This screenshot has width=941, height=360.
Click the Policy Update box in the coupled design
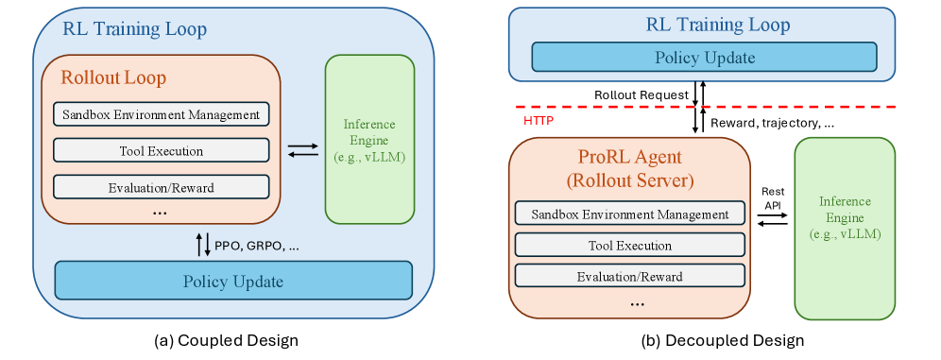coord(233,281)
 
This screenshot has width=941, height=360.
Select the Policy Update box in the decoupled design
coord(705,58)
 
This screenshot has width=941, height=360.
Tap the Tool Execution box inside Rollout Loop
coord(162,150)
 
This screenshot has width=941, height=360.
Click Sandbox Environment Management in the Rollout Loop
coord(162,114)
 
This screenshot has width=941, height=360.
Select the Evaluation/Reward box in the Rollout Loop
coord(162,186)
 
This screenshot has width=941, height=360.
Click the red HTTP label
coord(539,121)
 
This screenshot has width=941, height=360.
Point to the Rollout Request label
coord(641,95)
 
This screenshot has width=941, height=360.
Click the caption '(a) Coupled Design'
coord(226,339)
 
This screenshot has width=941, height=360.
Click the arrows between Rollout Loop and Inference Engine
coord(302,150)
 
